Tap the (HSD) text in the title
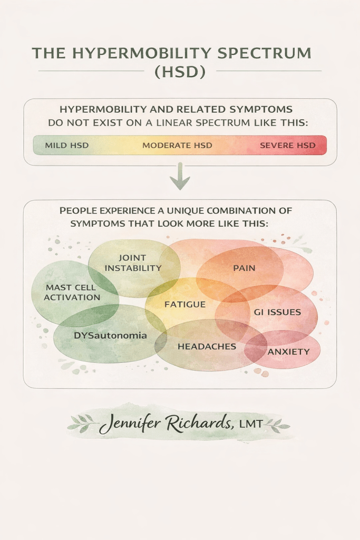click(180, 71)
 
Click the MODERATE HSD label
click(177, 145)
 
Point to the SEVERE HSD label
click(287, 145)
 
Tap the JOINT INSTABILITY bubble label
click(133, 263)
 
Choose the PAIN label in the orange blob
click(244, 268)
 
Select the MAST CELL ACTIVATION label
click(72, 293)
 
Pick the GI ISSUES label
click(277, 312)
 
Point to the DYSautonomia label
click(108, 335)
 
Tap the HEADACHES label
click(207, 346)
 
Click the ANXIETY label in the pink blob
click(288, 351)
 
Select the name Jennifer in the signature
click(129, 424)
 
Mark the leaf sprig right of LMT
click(277, 424)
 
